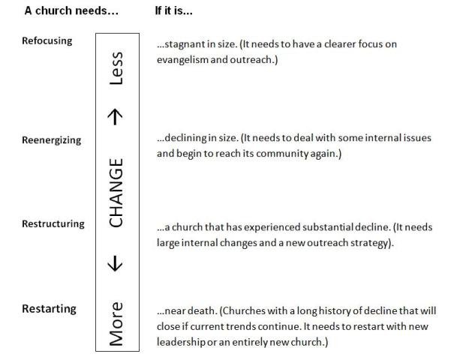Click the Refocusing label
[47, 41]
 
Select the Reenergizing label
[52, 139]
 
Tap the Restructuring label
[53, 223]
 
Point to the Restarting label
[48, 309]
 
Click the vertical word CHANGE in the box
[116, 192]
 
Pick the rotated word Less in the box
[116, 68]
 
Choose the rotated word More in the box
[116, 322]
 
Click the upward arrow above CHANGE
[116, 115]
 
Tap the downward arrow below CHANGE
[116, 262]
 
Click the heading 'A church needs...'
[71, 10]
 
